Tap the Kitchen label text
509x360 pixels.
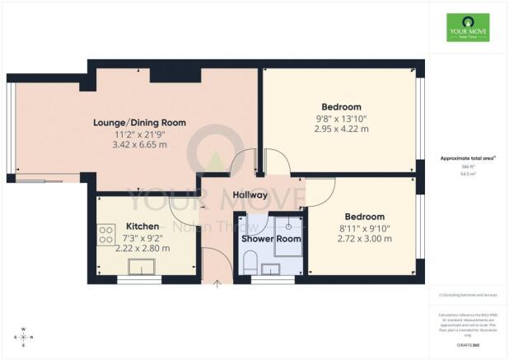142,227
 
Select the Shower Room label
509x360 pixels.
270,239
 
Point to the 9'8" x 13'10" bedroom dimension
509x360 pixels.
341,119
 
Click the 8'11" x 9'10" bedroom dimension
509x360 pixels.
364,227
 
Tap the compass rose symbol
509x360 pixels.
23,338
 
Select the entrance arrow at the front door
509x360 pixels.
217,284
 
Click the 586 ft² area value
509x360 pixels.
466,166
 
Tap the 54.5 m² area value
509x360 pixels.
466,174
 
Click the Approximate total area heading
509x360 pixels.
466,158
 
